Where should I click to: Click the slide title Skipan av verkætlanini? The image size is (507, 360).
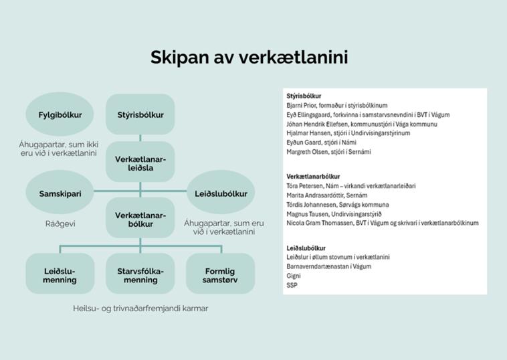pyautogui.click(x=249, y=58)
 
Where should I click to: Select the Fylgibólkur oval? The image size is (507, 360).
pyautogui.click(x=60, y=114)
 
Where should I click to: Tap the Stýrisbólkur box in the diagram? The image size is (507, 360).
pyautogui.click(x=140, y=114)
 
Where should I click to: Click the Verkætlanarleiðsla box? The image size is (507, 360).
pyautogui.click(x=140, y=163)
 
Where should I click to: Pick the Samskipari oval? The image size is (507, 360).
pyautogui.click(x=60, y=193)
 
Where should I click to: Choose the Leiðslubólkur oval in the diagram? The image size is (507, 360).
pyautogui.click(x=221, y=193)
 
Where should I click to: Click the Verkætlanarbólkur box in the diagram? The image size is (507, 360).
pyautogui.click(x=140, y=219)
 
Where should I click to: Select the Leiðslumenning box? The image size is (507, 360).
pyautogui.click(x=60, y=275)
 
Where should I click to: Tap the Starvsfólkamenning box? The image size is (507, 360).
pyautogui.click(x=140, y=275)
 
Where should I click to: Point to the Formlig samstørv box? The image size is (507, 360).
pyautogui.click(x=221, y=275)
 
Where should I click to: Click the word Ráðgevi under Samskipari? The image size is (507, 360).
pyautogui.click(x=60, y=223)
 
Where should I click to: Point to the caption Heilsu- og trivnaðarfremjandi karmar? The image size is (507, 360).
pyautogui.click(x=140, y=308)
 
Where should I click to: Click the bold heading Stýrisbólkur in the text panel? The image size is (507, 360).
pyautogui.click(x=304, y=96)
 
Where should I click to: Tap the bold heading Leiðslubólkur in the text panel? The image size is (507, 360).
pyautogui.click(x=306, y=248)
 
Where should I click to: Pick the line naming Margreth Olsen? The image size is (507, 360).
pyautogui.click(x=328, y=152)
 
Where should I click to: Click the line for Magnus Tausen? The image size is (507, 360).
pyautogui.click(x=334, y=214)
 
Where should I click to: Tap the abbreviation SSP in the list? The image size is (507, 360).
pyautogui.click(x=292, y=285)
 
